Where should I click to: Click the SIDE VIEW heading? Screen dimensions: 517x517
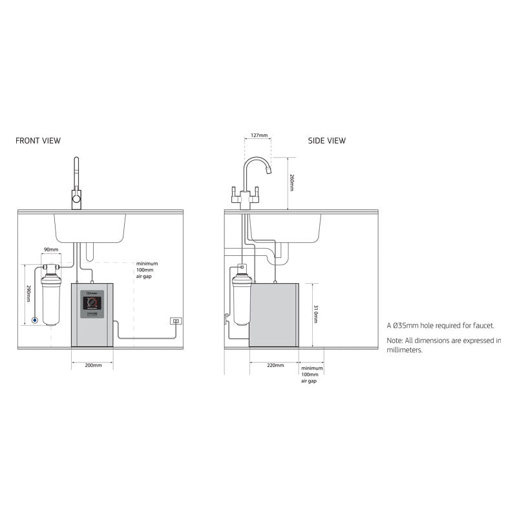point(326,140)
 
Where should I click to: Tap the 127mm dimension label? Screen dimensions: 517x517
point(258,136)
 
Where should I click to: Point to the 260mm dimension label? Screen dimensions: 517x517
point(291,182)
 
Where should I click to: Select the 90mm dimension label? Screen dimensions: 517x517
point(50,249)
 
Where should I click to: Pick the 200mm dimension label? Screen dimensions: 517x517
point(93,366)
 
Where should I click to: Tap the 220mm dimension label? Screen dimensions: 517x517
point(275,365)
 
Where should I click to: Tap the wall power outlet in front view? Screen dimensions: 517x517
point(175,321)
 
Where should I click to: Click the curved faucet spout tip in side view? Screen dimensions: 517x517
point(268,171)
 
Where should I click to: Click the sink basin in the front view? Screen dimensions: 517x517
point(90,227)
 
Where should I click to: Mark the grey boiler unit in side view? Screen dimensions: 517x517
point(274,315)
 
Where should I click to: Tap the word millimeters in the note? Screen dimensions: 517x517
point(405,350)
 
